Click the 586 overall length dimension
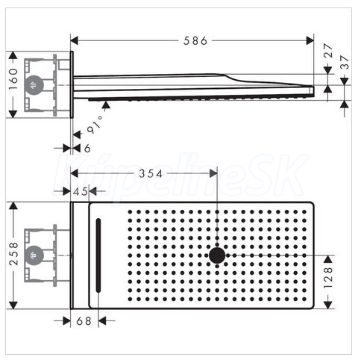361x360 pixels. click(x=195, y=40)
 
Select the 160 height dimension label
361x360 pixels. click(x=13, y=79)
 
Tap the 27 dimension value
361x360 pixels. click(x=328, y=50)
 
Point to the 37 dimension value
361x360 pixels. click(x=345, y=62)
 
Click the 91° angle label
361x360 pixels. click(x=95, y=125)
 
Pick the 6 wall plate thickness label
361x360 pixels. click(x=87, y=149)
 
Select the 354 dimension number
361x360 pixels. click(x=151, y=173)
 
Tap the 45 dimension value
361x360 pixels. click(x=81, y=191)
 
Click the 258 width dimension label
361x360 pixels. click(x=13, y=254)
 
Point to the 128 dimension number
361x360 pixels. click(x=328, y=278)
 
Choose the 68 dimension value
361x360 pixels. click(x=84, y=321)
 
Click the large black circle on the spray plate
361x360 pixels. click(x=217, y=255)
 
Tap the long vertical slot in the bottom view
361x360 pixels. click(x=98, y=255)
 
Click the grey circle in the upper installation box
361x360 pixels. click(x=34, y=85)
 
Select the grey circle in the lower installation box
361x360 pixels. click(x=34, y=255)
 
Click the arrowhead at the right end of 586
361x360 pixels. click(x=310, y=40)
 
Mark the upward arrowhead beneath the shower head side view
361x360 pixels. click(x=106, y=105)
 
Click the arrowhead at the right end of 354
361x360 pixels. click(x=213, y=173)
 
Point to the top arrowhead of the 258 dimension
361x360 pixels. click(x=13, y=205)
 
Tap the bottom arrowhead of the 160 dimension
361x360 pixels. click(x=13, y=114)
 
